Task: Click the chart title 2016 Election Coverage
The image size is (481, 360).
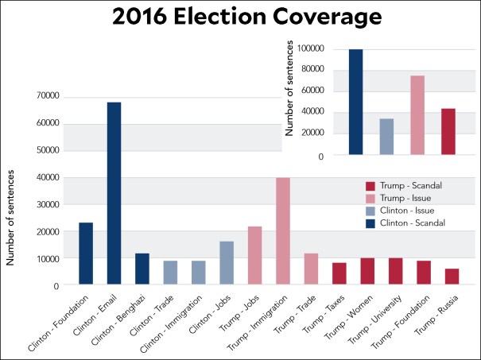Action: [240, 17]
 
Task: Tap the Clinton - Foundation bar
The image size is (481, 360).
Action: [86, 254]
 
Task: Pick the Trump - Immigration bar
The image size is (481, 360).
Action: [282, 231]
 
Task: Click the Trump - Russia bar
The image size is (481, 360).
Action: [451, 277]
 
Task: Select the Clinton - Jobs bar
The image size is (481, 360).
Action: [227, 263]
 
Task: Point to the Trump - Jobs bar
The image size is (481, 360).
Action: [254, 256]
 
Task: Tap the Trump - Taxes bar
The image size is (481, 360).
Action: [339, 273]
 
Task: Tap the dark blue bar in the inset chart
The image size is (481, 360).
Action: [355, 103]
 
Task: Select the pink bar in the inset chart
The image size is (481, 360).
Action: [417, 115]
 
